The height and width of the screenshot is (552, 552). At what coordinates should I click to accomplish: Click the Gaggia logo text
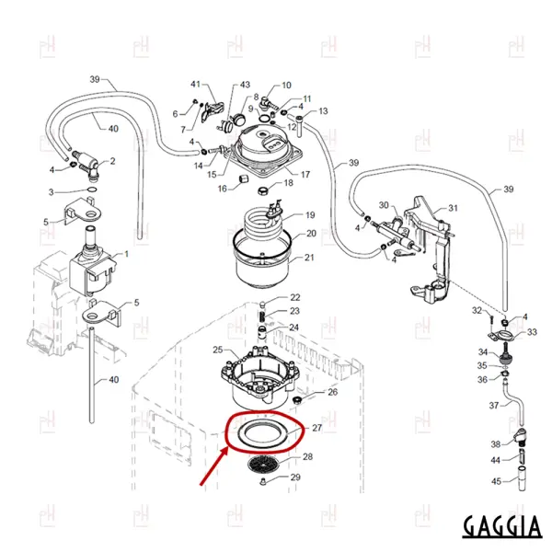(502, 525)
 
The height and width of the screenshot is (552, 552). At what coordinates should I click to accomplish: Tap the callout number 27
(316, 428)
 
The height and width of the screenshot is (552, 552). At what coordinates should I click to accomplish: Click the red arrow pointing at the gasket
(213, 468)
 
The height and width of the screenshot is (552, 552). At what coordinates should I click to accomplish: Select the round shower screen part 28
(264, 465)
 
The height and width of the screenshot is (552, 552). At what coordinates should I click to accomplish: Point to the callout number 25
(218, 350)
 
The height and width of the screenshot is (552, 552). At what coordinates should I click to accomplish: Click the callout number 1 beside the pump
(126, 254)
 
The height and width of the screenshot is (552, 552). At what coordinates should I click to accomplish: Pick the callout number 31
(453, 208)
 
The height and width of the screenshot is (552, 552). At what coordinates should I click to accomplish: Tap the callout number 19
(310, 215)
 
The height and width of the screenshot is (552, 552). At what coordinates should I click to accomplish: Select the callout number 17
(305, 174)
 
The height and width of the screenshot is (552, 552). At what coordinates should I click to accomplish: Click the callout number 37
(494, 406)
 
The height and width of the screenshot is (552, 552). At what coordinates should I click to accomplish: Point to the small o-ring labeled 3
(92, 190)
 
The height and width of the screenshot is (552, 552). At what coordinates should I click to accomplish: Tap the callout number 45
(496, 481)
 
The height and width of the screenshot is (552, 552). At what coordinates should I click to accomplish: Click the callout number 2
(112, 161)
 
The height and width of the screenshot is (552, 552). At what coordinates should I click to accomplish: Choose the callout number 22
(295, 297)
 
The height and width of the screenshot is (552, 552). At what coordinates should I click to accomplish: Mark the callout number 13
(323, 111)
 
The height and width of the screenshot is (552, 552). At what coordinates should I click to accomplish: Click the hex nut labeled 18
(262, 191)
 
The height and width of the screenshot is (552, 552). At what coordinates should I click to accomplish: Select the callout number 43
(245, 85)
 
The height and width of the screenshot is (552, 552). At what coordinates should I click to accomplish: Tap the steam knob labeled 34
(505, 358)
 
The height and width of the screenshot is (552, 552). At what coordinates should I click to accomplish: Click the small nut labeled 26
(298, 400)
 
